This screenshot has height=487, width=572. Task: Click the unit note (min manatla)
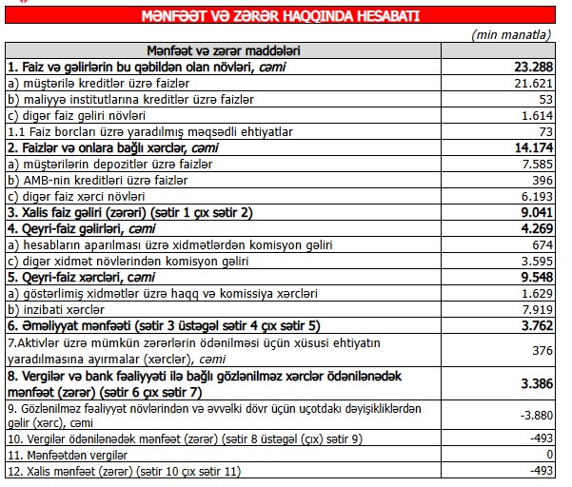tap(513, 34)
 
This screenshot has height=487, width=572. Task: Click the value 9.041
tap(535, 212)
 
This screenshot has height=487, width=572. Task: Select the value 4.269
tap(535, 228)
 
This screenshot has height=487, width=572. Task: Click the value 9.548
tap(535, 277)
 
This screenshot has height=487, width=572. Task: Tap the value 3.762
tap(535, 325)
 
